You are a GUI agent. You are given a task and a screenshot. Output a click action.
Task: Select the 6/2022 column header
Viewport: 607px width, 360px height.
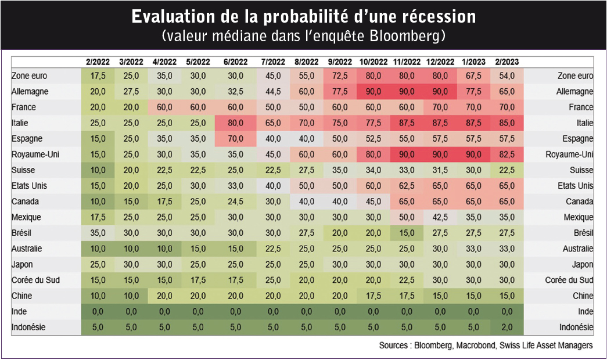pyautogui.click(x=235, y=62)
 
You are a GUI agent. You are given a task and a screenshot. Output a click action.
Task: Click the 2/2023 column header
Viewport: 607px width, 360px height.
pyautogui.click(x=507, y=62)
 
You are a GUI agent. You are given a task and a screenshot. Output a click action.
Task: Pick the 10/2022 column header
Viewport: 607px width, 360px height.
pyautogui.click(x=373, y=62)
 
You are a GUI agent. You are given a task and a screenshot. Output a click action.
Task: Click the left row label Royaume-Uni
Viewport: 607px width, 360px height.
pyautogui.click(x=35, y=154)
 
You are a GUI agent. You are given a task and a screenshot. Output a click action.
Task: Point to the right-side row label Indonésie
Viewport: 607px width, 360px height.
pyautogui.click(x=576, y=327)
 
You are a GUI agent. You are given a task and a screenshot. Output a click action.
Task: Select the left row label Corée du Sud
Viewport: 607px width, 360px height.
pyautogui.click(x=35, y=280)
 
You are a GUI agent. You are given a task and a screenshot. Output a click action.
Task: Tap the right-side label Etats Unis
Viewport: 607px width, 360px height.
pyautogui.click(x=575, y=186)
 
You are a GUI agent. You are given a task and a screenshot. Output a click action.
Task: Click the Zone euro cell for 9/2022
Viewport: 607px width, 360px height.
pyautogui.click(x=340, y=76)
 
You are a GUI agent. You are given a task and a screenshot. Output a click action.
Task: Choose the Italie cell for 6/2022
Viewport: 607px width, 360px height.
pyautogui.click(x=235, y=123)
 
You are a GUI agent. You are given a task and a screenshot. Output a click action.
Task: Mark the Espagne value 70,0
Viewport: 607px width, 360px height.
pyautogui.click(x=235, y=139)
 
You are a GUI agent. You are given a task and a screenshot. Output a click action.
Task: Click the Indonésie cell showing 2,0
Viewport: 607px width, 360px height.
pyautogui.click(x=507, y=327)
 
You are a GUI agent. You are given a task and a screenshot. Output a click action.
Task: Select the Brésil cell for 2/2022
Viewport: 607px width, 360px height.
pyautogui.click(x=98, y=233)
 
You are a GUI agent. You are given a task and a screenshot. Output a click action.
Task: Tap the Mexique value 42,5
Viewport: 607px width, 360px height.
pyautogui.click(x=440, y=218)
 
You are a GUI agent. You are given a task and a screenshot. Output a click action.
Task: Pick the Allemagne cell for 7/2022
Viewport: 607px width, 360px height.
pyautogui.click(x=273, y=92)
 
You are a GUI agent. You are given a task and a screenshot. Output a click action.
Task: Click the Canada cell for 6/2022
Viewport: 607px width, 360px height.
pyautogui.click(x=235, y=201)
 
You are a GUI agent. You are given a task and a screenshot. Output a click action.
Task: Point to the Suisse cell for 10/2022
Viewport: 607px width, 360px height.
pyautogui.click(x=373, y=170)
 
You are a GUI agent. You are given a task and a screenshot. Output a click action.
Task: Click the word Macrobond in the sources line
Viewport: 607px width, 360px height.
pyautogui.click(x=476, y=345)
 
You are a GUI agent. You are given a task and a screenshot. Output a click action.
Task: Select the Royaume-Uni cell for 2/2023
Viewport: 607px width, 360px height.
pyautogui.click(x=507, y=154)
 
